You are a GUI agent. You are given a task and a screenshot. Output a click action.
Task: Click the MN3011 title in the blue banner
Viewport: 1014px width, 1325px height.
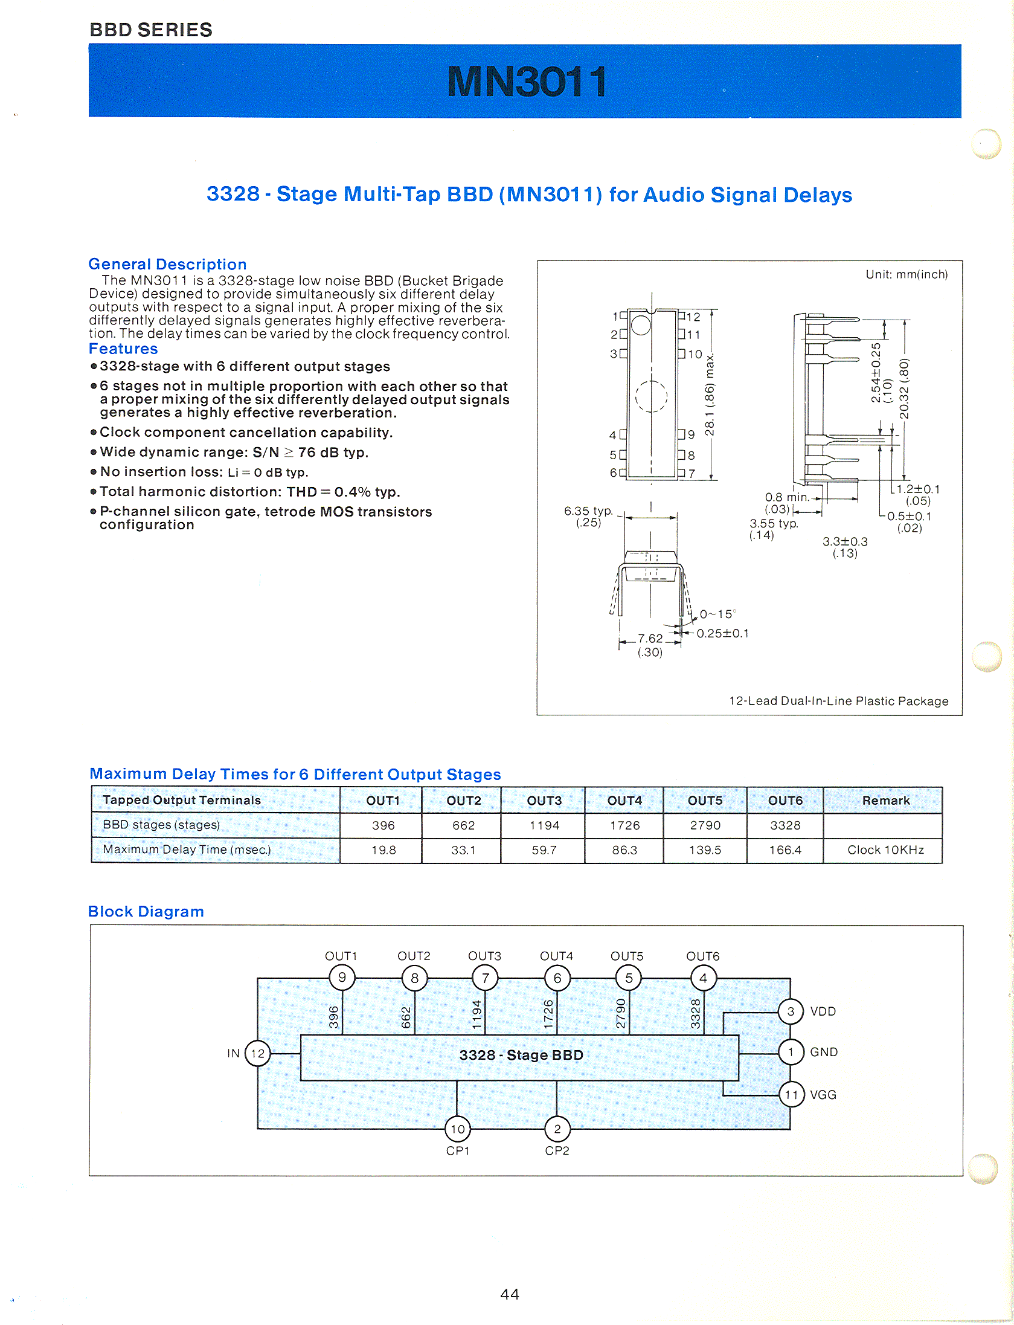coord(527,82)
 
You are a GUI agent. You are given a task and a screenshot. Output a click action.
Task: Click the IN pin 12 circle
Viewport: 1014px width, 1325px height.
coord(258,1054)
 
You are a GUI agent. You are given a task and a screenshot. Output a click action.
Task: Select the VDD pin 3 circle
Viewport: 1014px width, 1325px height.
coord(791,1011)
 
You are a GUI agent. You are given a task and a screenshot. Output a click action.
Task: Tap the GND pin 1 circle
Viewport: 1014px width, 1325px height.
coord(791,1052)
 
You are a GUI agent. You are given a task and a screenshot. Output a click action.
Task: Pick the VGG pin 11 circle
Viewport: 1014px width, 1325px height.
coord(791,1094)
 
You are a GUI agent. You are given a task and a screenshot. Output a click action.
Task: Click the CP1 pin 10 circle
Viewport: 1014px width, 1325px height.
coord(458,1129)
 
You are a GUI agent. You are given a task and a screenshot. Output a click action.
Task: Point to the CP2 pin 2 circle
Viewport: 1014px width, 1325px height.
coord(557,1129)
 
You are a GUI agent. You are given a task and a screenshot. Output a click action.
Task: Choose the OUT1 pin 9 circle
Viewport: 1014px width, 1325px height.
coord(342,978)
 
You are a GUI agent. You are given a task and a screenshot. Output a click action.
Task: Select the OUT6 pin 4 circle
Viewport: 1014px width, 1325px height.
coord(703,978)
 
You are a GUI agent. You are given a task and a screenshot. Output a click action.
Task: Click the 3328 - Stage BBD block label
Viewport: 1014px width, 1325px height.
coord(521,1055)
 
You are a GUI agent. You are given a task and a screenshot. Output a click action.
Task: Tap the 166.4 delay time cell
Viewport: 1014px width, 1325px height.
coord(785,850)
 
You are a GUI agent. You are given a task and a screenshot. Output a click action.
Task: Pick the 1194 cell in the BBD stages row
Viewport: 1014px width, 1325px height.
coord(544,825)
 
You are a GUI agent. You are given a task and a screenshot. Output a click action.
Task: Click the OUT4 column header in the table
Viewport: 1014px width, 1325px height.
coord(624,801)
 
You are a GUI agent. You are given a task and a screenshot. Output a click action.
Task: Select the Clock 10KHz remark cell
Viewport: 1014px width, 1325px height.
coord(885,850)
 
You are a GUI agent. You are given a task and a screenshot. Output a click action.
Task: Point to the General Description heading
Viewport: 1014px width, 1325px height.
coord(167,264)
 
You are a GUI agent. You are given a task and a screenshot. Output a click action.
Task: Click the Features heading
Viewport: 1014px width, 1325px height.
coord(123,349)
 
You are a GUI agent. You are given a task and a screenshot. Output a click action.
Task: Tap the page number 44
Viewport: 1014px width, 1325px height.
coord(510,1294)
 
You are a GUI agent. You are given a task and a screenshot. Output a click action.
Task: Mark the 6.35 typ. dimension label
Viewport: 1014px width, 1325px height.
coord(588,511)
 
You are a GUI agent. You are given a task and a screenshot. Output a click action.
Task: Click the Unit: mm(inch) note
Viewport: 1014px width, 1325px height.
coord(907,274)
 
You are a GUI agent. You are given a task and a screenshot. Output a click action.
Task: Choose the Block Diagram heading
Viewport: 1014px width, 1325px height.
coord(146,911)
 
